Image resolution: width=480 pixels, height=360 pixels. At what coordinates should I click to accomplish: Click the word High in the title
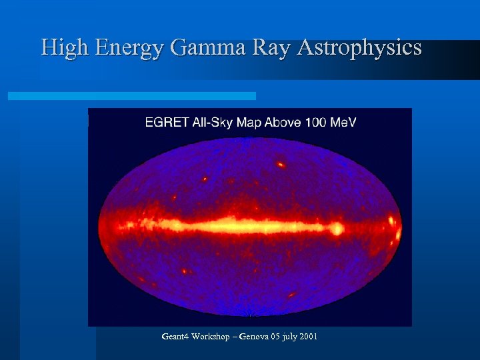(66, 48)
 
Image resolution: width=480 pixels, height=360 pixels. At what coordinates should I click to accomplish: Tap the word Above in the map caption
(283, 122)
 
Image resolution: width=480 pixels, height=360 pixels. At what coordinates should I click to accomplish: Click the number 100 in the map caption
(316, 122)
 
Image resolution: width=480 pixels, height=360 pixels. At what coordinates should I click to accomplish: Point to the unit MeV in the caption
(343, 122)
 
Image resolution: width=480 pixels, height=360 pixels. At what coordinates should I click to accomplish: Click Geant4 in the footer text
(175, 337)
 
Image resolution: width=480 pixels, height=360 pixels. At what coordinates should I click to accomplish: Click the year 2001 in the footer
(308, 337)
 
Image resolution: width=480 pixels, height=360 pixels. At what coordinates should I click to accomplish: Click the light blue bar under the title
(131, 96)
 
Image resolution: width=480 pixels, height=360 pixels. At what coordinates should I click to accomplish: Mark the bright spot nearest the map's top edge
(281, 163)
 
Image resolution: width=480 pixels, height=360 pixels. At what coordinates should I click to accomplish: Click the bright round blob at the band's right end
(337, 229)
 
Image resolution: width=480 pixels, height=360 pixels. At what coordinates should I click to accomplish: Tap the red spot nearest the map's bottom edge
(291, 294)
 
